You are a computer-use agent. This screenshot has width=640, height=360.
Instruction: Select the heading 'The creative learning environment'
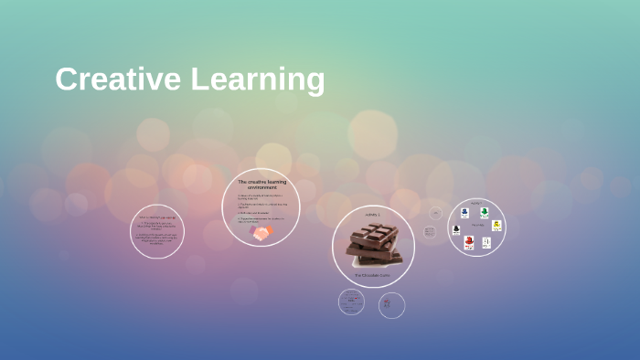pos(261,185)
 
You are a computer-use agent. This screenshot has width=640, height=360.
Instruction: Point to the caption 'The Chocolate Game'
pos(373,274)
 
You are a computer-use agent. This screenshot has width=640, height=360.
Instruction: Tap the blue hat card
pos(464,213)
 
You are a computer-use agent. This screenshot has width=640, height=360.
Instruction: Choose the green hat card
pos(485,213)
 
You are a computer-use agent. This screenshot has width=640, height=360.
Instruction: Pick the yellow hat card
pos(496,226)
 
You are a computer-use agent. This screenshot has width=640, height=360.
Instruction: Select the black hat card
pos(456,230)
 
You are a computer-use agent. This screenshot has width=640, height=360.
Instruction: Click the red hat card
pos(469,242)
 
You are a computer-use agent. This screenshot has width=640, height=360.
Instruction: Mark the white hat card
pos(486,242)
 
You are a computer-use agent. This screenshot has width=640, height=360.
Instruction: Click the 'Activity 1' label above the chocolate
pos(373,215)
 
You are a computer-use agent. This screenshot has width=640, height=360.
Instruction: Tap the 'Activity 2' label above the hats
pos(476,203)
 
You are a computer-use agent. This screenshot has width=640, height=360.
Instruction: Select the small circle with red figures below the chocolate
pos(391,305)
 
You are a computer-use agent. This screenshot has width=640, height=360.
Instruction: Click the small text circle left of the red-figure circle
pos(351,302)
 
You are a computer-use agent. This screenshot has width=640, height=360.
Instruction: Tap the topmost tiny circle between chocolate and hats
pos(435,214)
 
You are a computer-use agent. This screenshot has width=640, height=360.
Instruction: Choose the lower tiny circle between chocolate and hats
pos(430,232)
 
